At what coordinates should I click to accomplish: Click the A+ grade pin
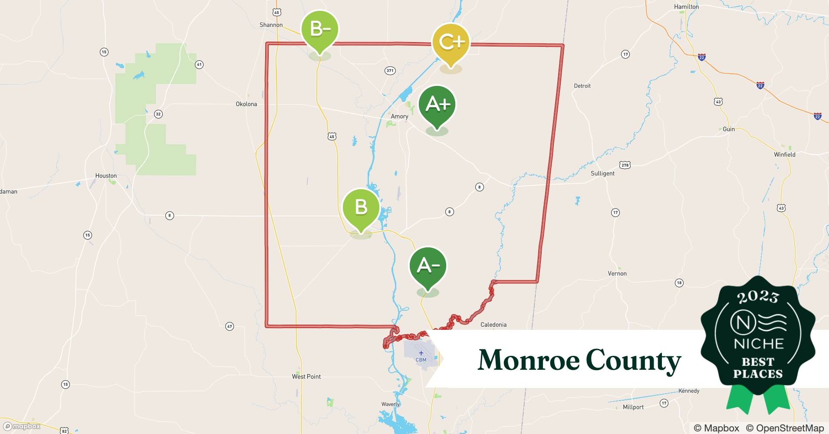437,105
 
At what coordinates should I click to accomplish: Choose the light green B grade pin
361,207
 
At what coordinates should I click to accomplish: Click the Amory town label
399,116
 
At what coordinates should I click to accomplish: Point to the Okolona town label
246,104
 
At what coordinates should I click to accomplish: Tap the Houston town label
106,176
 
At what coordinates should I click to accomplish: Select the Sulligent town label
602,173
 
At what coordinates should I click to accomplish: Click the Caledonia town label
493,325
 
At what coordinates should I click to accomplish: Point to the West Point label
306,377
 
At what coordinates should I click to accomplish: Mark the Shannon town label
271,25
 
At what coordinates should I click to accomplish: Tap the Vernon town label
617,273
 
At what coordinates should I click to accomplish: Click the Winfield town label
785,155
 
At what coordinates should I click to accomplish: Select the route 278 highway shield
625,165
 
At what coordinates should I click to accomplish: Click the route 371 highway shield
390,71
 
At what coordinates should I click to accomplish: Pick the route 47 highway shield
230,326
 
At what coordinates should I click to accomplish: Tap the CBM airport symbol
421,353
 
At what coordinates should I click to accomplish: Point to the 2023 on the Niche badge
758,297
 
